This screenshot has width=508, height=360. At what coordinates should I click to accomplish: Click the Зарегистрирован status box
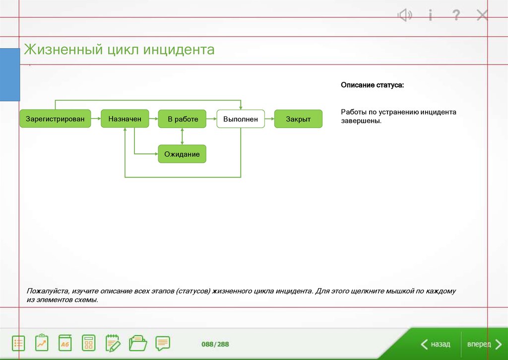click(x=55, y=119)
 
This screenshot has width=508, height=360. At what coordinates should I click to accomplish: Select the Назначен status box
click(x=125, y=119)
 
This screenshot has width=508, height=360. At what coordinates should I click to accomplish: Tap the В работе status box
click(x=182, y=119)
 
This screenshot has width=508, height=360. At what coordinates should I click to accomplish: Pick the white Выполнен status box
click(x=241, y=119)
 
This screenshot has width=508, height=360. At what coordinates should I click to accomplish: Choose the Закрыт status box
click(x=298, y=119)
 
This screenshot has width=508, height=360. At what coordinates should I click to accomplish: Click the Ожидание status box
click(x=182, y=154)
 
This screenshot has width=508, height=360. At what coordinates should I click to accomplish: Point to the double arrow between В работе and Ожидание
click(x=182, y=136)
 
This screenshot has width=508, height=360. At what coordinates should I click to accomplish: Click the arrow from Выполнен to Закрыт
click(x=269, y=119)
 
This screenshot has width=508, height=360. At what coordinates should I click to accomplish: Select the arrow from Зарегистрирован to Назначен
click(x=96, y=119)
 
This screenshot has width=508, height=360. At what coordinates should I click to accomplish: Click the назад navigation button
click(x=436, y=344)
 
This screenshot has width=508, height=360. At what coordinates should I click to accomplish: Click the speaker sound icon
click(x=405, y=15)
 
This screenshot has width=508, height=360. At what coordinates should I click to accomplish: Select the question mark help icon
click(x=456, y=15)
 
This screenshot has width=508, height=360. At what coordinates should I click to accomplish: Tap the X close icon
click(x=482, y=15)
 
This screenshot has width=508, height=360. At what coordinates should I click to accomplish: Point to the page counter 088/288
click(x=215, y=344)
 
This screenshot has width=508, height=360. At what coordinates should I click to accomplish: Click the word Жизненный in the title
click(x=63, y=50)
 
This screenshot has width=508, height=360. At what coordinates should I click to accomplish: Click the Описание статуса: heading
click(x=372, y=85)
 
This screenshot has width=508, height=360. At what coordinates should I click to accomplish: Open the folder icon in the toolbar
click(x=138, y=343)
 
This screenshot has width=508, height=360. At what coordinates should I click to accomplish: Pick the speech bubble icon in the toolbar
click(x=163, y=343)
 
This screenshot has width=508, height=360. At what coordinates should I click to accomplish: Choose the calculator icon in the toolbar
click(x=88, y=343)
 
